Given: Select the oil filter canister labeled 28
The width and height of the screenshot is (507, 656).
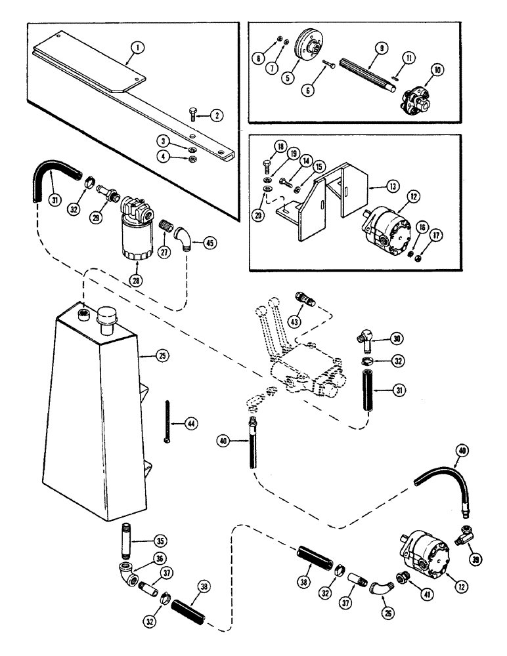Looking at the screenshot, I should coord(138,230).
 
